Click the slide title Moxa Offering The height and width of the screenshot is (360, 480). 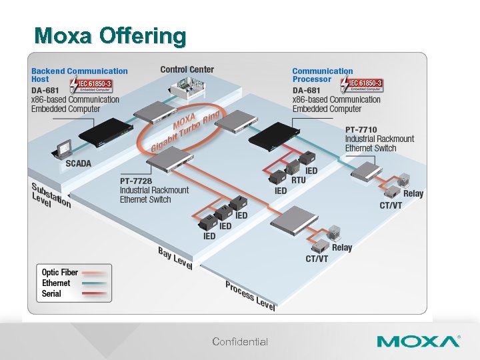[110, 35]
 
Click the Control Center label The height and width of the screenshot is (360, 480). [187, 69]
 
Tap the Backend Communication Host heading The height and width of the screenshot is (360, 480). [79, 75]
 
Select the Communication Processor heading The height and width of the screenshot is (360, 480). [323, 75]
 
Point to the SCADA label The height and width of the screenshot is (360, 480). [79, 163]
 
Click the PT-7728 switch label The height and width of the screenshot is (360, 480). [154, 190]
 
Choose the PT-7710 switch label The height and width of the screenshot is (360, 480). [379, 139]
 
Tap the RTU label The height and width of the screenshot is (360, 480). [299, 180]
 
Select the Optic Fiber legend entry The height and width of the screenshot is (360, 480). [60, 272]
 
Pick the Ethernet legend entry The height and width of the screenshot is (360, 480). [56, 283]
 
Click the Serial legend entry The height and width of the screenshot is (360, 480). [51, 293]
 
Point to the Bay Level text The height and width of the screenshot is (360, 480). [175, 258]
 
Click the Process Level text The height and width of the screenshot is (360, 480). [250, 295]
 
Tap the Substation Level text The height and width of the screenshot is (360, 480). [50, 194]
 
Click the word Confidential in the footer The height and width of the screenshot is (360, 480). [240, 342]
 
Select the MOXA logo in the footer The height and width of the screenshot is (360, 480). [418, 342]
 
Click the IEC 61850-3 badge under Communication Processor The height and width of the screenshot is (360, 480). [362, 85]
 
